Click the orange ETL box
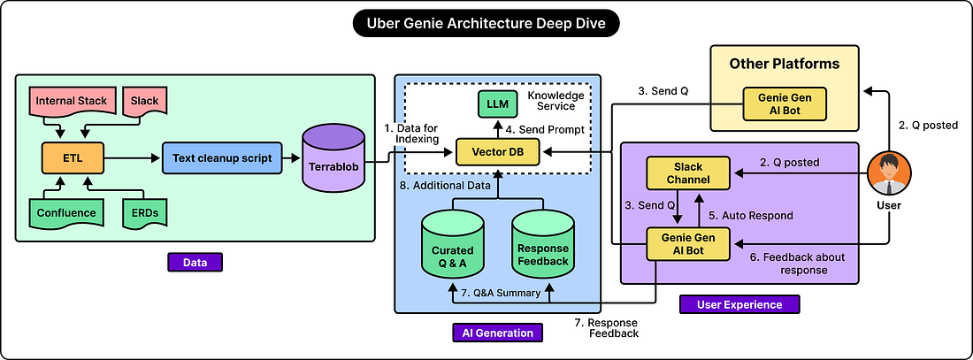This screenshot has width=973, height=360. point(73,158)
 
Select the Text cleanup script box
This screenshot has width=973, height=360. point(222,158)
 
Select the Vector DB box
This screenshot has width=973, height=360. point(498,152)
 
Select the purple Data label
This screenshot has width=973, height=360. point(195,262)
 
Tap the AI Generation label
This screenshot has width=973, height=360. point(498,333)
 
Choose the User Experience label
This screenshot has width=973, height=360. point(739,304)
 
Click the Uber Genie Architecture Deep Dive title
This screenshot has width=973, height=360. point(486,25)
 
